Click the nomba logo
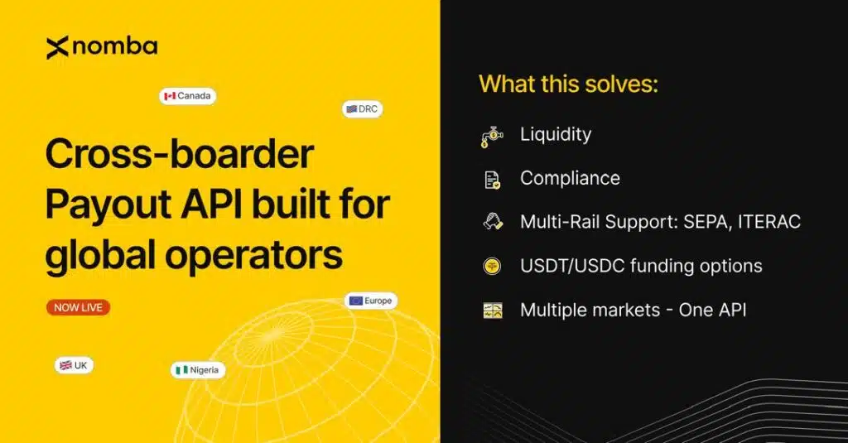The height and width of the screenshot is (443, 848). click(x=102, y=47)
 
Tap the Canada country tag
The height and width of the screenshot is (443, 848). click(x=188, y=96)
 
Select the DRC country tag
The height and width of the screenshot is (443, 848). click(x=363, y=109)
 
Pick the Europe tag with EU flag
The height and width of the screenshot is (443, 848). click(x=371, y=301)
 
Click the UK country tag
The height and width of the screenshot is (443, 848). click(x=74, y=366)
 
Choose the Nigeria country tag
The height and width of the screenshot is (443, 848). click(x=198, y=370)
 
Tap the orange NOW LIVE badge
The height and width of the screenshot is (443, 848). click(x=79, y=307)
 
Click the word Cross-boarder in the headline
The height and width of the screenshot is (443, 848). click(x=180, y=154)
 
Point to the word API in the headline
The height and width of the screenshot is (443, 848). click(x=210, y=205)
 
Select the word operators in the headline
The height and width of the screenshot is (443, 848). click(x=253, y=255)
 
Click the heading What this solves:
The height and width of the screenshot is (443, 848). click(x=568, y=84)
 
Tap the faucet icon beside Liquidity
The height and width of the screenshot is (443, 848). click(x=492, y=136)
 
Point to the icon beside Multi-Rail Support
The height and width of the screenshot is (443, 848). click(x=493, y=222)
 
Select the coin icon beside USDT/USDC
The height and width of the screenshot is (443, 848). click(x=492, y=266)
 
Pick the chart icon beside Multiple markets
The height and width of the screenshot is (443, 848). click(x=493, y=311)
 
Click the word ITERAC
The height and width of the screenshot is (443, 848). click(x=769, y=222)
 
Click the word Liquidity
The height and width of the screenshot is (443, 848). click(x=556, y=135)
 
